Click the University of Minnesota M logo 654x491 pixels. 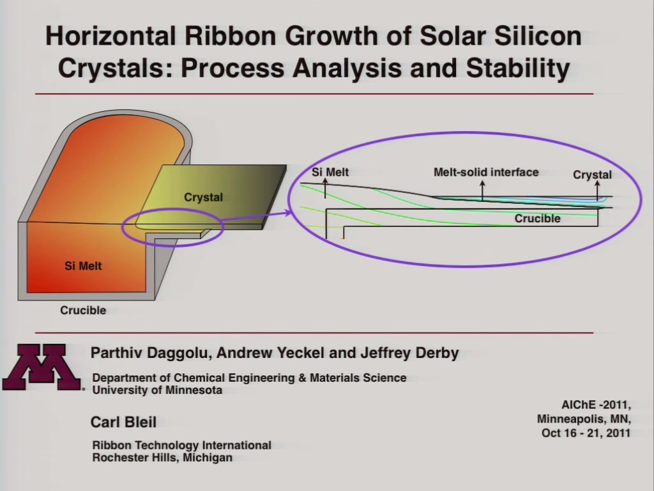(42, 367)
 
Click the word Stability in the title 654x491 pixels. (517, 68)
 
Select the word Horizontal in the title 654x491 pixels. (110, 36)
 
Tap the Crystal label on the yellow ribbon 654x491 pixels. (204, 197)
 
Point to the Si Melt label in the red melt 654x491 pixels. (83, 266)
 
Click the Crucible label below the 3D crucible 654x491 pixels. (83, 310)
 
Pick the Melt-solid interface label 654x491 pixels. (486, 172)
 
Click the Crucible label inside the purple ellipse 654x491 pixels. (537, 219)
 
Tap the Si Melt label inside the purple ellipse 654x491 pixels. (330, 172)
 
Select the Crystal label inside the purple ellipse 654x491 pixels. (592, 175)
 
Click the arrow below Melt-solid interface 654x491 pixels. (483, 191)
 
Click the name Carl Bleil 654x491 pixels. (123, 422)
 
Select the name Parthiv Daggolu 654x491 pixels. (149, 353)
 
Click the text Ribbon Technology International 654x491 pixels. (182, 445)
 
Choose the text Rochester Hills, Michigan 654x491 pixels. (162, 458)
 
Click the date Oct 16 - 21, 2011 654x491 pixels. (586, 433)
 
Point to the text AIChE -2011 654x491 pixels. (596, 405)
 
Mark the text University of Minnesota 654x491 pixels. (157, 390)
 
